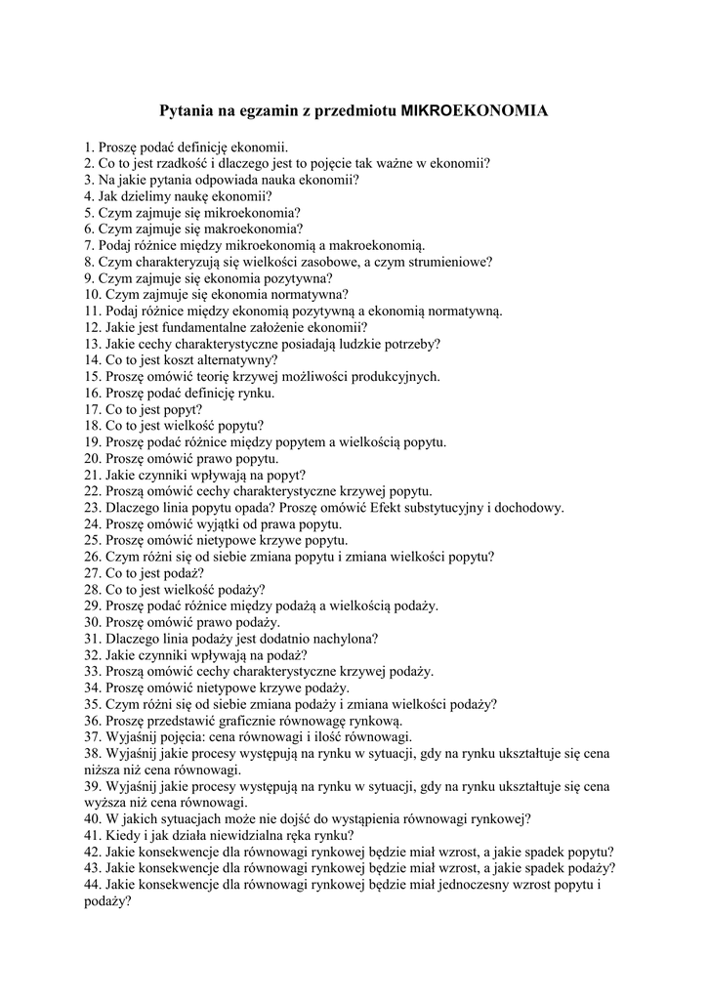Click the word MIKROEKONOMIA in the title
click(475, 111)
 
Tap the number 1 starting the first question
click(88, 147)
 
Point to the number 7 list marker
click(88, 245)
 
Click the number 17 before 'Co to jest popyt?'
click(92, 409)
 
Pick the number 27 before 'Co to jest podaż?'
click(92, 573)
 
